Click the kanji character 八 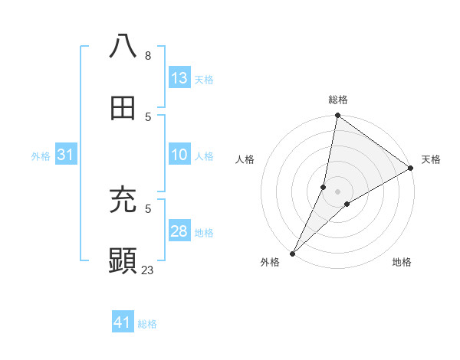click(x=123, y=46)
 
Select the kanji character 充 click(x=123, y=201)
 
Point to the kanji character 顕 click(x=123, y=261)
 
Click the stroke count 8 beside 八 click(x=148, y=56)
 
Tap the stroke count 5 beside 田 click(x=148, y=116)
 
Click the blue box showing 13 click(x=179, y=78)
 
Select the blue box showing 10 click(x=179, y=155)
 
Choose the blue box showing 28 click(x=179, y=231)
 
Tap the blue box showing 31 click(x=66, y=155)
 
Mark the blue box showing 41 click(x=123, y=322)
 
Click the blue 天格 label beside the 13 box click(x=204, y=79)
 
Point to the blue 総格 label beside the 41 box click(x=147, y=323)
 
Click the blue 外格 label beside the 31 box click(x=41, y=155)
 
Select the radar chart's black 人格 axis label click(x=245, y=159)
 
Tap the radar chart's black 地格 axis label click(x=402, y=262)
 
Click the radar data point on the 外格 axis click(x=292, y=253)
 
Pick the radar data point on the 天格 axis click(x=411, y=169)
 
